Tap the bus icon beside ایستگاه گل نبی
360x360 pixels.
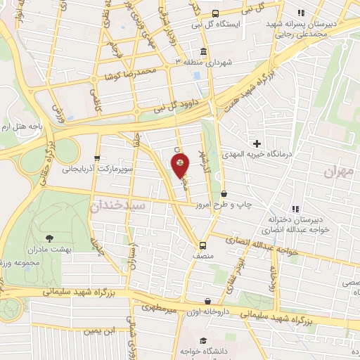tap(214, 13)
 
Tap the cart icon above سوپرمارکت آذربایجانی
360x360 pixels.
tap(98, 158)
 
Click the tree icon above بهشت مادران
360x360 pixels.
tap(49, 239)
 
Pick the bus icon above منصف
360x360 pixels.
tap(202, 245)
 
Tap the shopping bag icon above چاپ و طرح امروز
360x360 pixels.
tap(224, 193)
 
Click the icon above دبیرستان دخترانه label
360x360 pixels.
tap(295, 208)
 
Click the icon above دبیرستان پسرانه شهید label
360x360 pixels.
tap(301, 13)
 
